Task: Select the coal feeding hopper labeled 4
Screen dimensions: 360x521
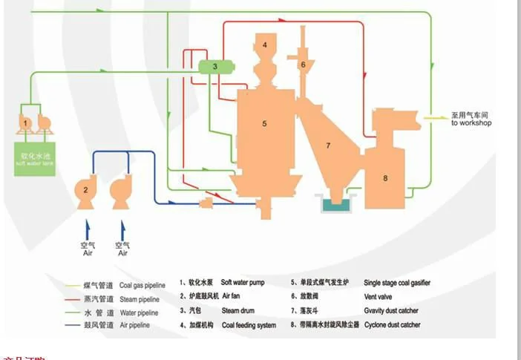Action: [263, 46]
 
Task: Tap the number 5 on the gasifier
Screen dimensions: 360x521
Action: [264, 124]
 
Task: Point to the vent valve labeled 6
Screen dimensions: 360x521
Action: [303, 64]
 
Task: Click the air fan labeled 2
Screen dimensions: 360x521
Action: [87, 191]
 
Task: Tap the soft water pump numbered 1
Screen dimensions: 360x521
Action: [25, 122]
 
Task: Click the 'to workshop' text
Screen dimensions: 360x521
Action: [471, 123]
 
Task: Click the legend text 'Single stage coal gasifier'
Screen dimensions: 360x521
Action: [396, 283]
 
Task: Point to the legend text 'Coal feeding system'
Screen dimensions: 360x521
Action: [249, 324]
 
